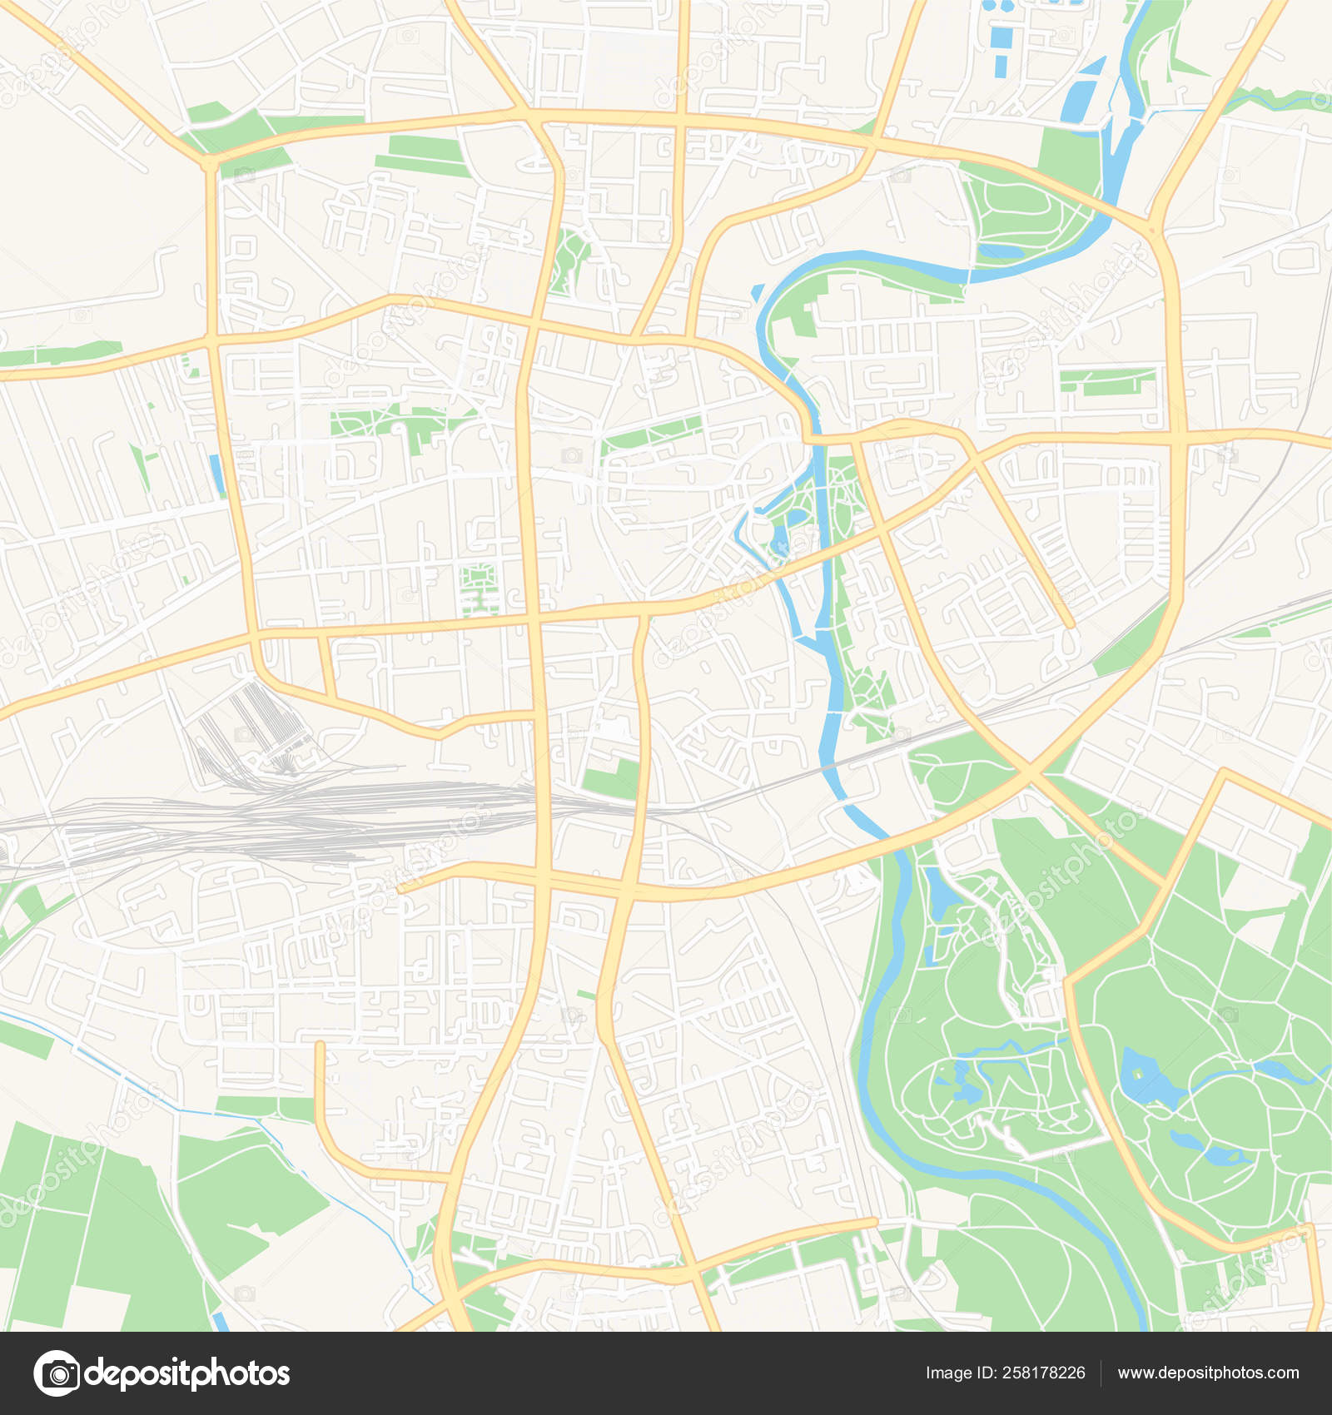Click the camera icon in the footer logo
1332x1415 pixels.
click(57, 1373)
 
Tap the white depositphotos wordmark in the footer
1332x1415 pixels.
click(187, 1373)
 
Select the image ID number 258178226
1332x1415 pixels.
click(1043, 1373)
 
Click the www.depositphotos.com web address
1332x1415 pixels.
click(1208, 1373)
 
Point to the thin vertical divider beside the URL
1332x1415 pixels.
click(1101, 1373)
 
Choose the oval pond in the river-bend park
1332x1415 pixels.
click(999, 251)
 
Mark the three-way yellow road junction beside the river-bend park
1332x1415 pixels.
click(1151, 226)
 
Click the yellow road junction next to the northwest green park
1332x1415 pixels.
click(209, 162)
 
